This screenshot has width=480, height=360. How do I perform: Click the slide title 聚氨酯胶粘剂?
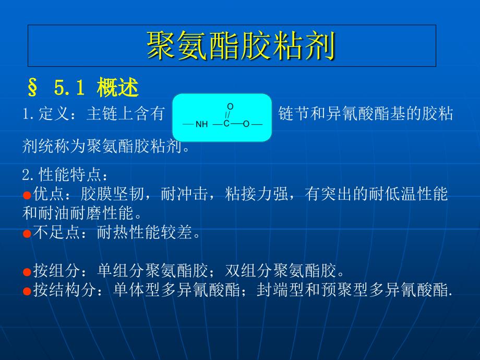click(240, 46)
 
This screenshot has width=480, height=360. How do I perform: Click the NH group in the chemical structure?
click(201, 124)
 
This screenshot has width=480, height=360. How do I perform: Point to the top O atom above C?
click(230, 106)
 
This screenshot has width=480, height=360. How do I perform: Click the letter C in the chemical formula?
click(226, 124)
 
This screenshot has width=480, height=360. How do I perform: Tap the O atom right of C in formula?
click(246, 124)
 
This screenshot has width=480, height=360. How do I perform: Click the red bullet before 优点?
click(27, 196)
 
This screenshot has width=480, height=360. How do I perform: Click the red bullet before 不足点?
click(27, 234)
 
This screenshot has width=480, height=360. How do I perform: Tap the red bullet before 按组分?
click(27, 272)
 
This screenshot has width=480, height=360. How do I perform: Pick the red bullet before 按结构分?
click(27, 291)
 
